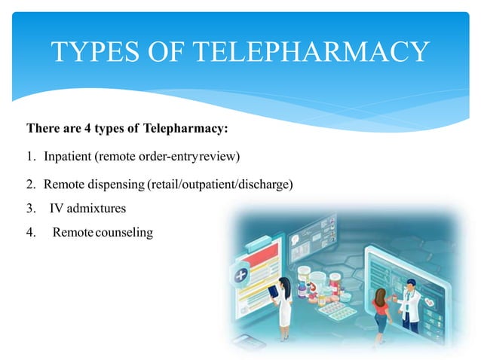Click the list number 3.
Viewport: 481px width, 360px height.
pos(31,209)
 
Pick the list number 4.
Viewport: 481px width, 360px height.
pos(31,233)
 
